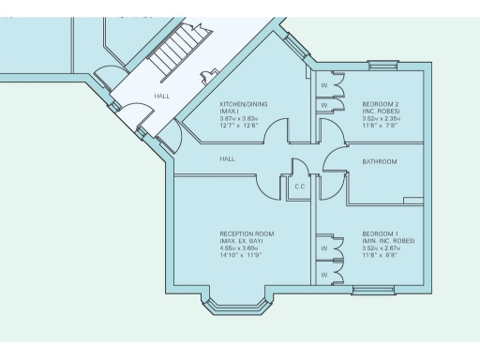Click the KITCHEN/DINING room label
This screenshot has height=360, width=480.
click(243, 103)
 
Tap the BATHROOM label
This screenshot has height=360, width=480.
click(380, 162)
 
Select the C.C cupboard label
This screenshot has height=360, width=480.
click(300, 187)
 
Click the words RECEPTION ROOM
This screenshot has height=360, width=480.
click(247, 232)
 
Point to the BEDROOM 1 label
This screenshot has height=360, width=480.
click(381, 232)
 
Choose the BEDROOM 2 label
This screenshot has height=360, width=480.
click(381, 103)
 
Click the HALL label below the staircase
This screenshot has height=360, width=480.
click(162, 96)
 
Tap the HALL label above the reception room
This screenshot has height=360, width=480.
click(228, 158)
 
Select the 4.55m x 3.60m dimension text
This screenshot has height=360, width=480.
click(240, 247)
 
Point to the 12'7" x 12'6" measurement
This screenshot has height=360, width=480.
click(240, 126)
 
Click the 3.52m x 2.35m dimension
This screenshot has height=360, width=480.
click(382, 119)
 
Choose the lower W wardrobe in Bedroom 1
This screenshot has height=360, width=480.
click(323, 276)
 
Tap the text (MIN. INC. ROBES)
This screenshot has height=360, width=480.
click(388, 240)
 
